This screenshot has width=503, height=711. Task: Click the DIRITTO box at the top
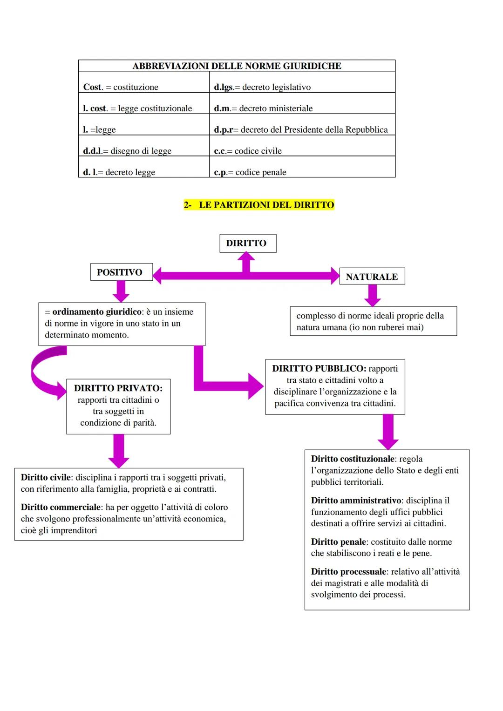click(247, 244)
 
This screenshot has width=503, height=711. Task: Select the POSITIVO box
click(121, 272)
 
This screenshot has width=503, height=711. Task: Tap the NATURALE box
click(372, 277)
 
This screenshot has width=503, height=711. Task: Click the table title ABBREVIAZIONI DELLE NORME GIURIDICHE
click(237, 66)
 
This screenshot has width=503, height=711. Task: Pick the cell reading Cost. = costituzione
click(144, 87)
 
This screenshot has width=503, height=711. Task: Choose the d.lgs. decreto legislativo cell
click(302, 87)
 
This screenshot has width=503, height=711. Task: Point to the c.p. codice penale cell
click(302, 172)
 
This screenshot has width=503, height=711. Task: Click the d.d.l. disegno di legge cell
click(144, 151)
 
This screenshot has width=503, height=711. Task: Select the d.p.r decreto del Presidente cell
click(302, 129)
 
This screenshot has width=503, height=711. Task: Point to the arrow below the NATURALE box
click(373, 295)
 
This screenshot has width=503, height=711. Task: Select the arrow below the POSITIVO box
click(121, 291)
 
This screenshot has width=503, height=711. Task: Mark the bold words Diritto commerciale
click(61, 507)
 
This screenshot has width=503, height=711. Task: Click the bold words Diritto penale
click(339, 542)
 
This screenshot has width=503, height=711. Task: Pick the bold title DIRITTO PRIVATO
click(118, 388)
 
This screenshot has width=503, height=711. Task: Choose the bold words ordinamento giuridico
click(97, 311)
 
